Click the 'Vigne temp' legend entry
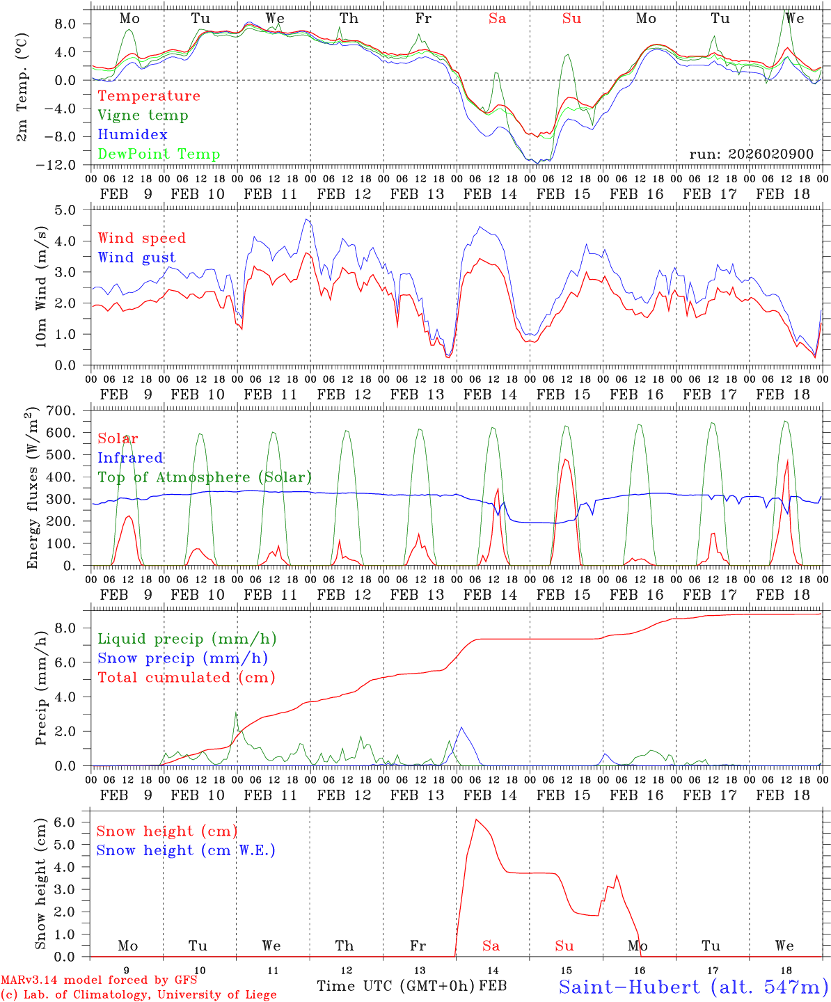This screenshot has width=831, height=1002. point(143,116)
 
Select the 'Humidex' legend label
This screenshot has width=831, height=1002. point(132,135)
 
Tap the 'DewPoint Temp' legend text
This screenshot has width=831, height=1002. point(159,154)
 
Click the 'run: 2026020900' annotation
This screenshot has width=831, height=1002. point(751,154)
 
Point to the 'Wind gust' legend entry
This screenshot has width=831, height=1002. point(136,257)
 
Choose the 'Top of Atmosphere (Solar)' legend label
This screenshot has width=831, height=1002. point(204,477)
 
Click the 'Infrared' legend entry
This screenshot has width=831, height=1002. point(130,458)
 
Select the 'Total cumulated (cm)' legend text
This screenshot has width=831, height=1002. point(186,677)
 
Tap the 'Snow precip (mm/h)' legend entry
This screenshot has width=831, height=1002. point(182,658)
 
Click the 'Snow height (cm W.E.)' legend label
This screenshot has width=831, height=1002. point(186,850)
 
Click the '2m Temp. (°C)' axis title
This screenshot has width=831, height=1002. point(22,87)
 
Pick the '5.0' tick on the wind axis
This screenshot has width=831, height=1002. point(74,209)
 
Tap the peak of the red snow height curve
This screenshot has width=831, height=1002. point(476,820)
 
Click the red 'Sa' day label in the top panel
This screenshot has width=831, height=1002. point(497,19)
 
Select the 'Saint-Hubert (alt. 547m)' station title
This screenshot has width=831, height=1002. point(693,987)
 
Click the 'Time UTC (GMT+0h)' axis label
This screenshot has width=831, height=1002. point(396,986)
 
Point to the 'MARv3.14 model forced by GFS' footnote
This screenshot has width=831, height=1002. point(99,980)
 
